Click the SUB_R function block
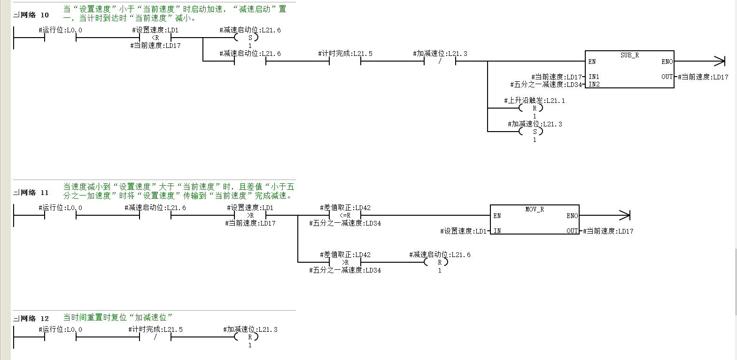(x=629, y=69)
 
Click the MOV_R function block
(x=535, y=219)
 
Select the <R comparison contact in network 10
(x=155, y=38)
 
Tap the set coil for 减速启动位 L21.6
(x=250, y=38)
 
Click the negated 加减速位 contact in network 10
(x=440, y=61)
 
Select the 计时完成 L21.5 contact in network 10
(x=345, y=61)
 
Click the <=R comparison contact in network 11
(x=345, y=216)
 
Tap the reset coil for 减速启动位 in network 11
(x=436, y=262)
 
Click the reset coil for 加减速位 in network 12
(x=246, y=337)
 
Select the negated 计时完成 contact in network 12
(x=155, y=337)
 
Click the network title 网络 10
(x=35, y=15)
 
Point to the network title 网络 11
(x=35, y=193)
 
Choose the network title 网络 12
(x=35, y=319)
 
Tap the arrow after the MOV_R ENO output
(x=605, y=216)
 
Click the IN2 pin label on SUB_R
(x=594, y=84)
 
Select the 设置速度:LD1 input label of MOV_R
(x=463, y=231)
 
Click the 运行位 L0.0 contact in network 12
(x=60, y=337)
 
